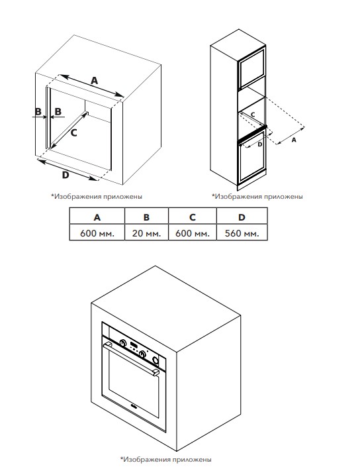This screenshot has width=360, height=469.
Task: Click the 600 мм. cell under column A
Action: click(97, 233)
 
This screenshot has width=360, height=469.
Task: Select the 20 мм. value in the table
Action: click(146, 233)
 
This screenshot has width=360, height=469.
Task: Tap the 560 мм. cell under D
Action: click(242, 233)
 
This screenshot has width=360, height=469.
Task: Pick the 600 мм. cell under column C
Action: click(193, 233)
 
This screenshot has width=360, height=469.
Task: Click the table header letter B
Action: click(146, 217)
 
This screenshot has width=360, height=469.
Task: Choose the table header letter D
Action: click(242, 217)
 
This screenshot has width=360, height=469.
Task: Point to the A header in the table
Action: click(97, 217)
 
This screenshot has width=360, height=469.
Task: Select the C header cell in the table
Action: click(193, 217)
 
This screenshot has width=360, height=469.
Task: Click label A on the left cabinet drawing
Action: click(95, 80)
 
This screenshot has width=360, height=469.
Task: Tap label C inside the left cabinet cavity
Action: click(74, 132)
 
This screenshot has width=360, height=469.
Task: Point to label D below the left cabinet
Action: click(66, 175)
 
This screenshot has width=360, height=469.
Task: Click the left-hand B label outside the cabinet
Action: click(38, 111)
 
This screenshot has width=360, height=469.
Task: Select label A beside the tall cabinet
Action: click(294, 140)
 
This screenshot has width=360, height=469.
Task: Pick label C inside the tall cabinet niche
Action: click(253, 115)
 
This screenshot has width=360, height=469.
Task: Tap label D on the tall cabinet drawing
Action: click(260, 144)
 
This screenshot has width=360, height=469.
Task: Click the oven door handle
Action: click(132, 358)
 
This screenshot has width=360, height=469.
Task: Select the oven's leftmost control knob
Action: click(122, 342)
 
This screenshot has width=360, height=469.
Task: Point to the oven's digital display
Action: click(134, 345)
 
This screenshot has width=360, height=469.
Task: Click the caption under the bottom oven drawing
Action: click(166, 459)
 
